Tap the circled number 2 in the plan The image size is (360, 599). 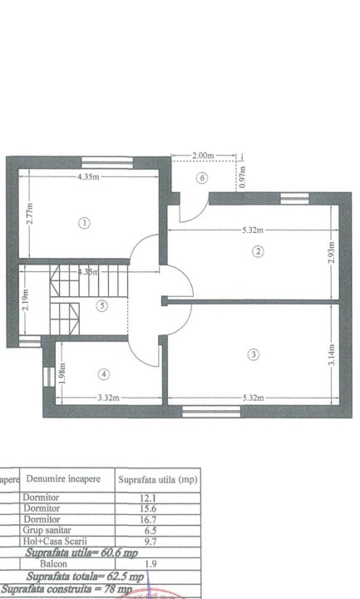click(x=259, y=251)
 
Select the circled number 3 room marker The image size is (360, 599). click(x=254, y=354)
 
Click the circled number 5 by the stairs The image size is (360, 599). click(x=102, y=305)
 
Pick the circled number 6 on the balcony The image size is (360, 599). click(x=201, y=178)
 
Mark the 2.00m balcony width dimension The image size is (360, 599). click(x=203, y=156)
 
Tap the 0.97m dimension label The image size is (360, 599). click(x=241, y=178)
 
